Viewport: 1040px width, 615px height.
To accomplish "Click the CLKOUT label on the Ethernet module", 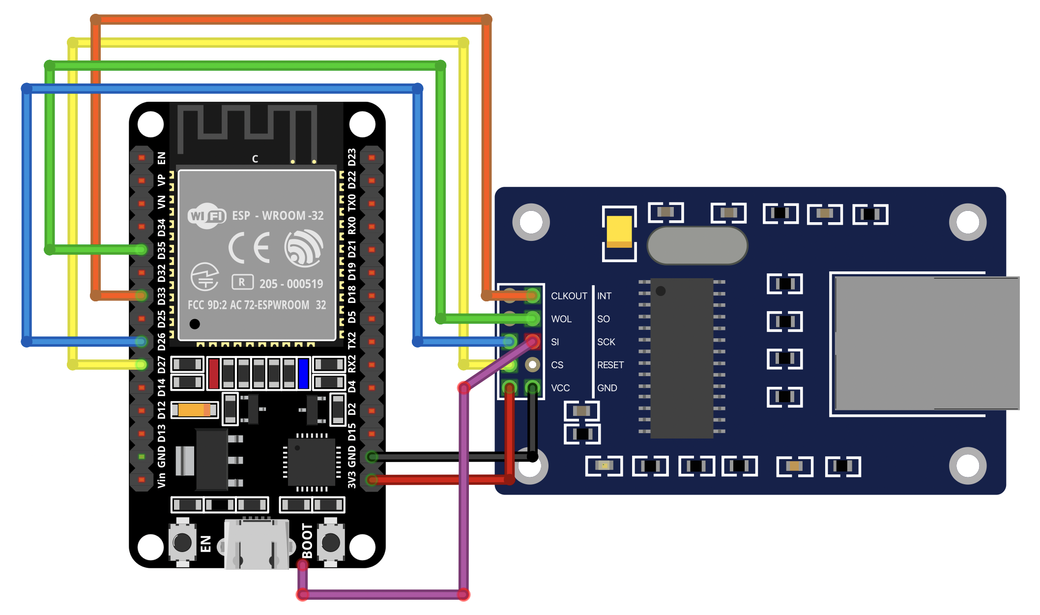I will click(569, 296).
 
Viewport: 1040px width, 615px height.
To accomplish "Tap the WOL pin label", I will click(561, 319).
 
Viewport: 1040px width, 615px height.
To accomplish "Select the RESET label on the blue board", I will click(610, 365).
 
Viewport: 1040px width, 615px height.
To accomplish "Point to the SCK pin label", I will click(606, 342).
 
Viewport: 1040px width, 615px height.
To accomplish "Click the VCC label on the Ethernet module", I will click(560, 388).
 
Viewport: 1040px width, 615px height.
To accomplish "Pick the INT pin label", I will click(604, 296).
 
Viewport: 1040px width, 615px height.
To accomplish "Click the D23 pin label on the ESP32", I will click(352, 157).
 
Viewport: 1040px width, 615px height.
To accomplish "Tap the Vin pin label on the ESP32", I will click(161, 480).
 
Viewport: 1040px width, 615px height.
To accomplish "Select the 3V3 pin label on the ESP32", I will click(352, 480).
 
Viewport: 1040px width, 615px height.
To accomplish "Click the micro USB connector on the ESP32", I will click(256, 543).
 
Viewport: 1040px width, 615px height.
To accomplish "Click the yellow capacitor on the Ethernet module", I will click(619, 232).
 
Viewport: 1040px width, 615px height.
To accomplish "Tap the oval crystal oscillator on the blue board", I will click(697, 245).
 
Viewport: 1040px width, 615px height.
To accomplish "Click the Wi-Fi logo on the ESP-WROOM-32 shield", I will click(207, 216).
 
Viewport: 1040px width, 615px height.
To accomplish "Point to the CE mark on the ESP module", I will click(250, 247).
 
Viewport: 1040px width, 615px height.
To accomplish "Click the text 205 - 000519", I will click(291, 284).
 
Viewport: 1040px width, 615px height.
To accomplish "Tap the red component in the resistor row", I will click(213, 373).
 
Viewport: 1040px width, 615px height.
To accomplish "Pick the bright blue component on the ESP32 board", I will click(303, 373).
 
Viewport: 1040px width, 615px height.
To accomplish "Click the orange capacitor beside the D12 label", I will click(194, 410).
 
